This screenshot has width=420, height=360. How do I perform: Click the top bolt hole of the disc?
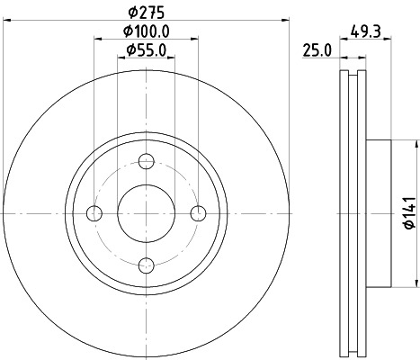pyautogui.click(x=147, y=161)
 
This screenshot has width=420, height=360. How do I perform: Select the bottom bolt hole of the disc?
pyautogui.click(x=147, y=265)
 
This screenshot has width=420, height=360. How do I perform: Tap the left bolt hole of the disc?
pyautogui.click(x=94, y=213)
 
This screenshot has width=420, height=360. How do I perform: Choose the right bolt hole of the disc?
pyautogui.click(x=199, y=213)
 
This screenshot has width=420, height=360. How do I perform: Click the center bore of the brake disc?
pyautogui.click(x=147, y=213)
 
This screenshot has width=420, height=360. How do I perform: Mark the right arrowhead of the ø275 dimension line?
pyautogui.click(x=287, y=19)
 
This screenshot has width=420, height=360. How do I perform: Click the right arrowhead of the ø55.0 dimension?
pyautogui.click(x=171, y=58)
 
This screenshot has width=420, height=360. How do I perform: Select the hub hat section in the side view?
pyautogui.click(x=378, y=213)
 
